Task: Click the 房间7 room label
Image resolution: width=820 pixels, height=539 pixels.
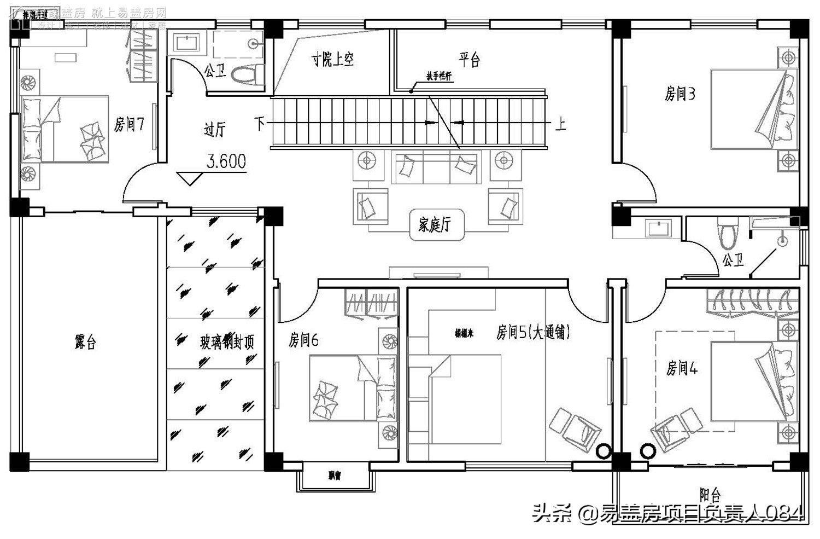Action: pyautogui.click(x=129, y=125)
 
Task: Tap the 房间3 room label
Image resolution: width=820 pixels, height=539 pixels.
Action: pyautogui.click(x=680, y=94)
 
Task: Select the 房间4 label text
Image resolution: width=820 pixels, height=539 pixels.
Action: pyautogui.click(x=682, y=368)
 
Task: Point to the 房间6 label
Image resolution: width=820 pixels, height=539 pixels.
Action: pyautogui.click(x=303, y=340)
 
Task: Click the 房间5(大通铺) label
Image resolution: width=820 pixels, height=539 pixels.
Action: pyautogui.click(x=533, y=332)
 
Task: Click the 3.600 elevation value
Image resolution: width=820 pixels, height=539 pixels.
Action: pyautogui.click(x=226, y=161)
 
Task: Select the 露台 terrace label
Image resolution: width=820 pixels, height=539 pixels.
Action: pyautogui.click(x=85, y=343)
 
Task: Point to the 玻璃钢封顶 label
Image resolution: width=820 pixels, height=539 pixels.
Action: pyautogui.click(x=227, y=343)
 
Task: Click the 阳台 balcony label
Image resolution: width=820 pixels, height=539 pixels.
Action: pyautogui.click(x=710, y=495)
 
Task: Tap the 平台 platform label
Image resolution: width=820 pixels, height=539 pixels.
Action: pyautogui.click(x=469, y=59)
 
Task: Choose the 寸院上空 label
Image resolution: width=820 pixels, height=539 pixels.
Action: pyautogui.click(x=332, y=59)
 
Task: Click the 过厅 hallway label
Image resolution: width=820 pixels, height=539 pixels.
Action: pyautogui.click(x=214, y=129)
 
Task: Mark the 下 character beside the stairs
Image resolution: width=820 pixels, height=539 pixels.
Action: pyautogui.click(x=260, y=123)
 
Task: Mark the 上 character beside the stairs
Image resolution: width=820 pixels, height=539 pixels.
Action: pyautogui.click(x=560, y=124)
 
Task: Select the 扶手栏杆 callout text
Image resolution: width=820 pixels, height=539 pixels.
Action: pyautogui.click(x=439, y=76)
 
